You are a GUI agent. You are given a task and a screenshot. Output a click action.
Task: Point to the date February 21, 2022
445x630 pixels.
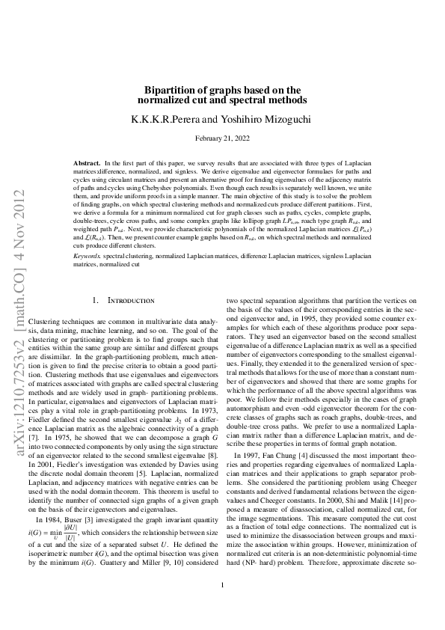pyautogui.click(x=223, y=138)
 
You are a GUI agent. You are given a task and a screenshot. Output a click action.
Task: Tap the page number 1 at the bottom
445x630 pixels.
pyautogui.click(x=223, y=606)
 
